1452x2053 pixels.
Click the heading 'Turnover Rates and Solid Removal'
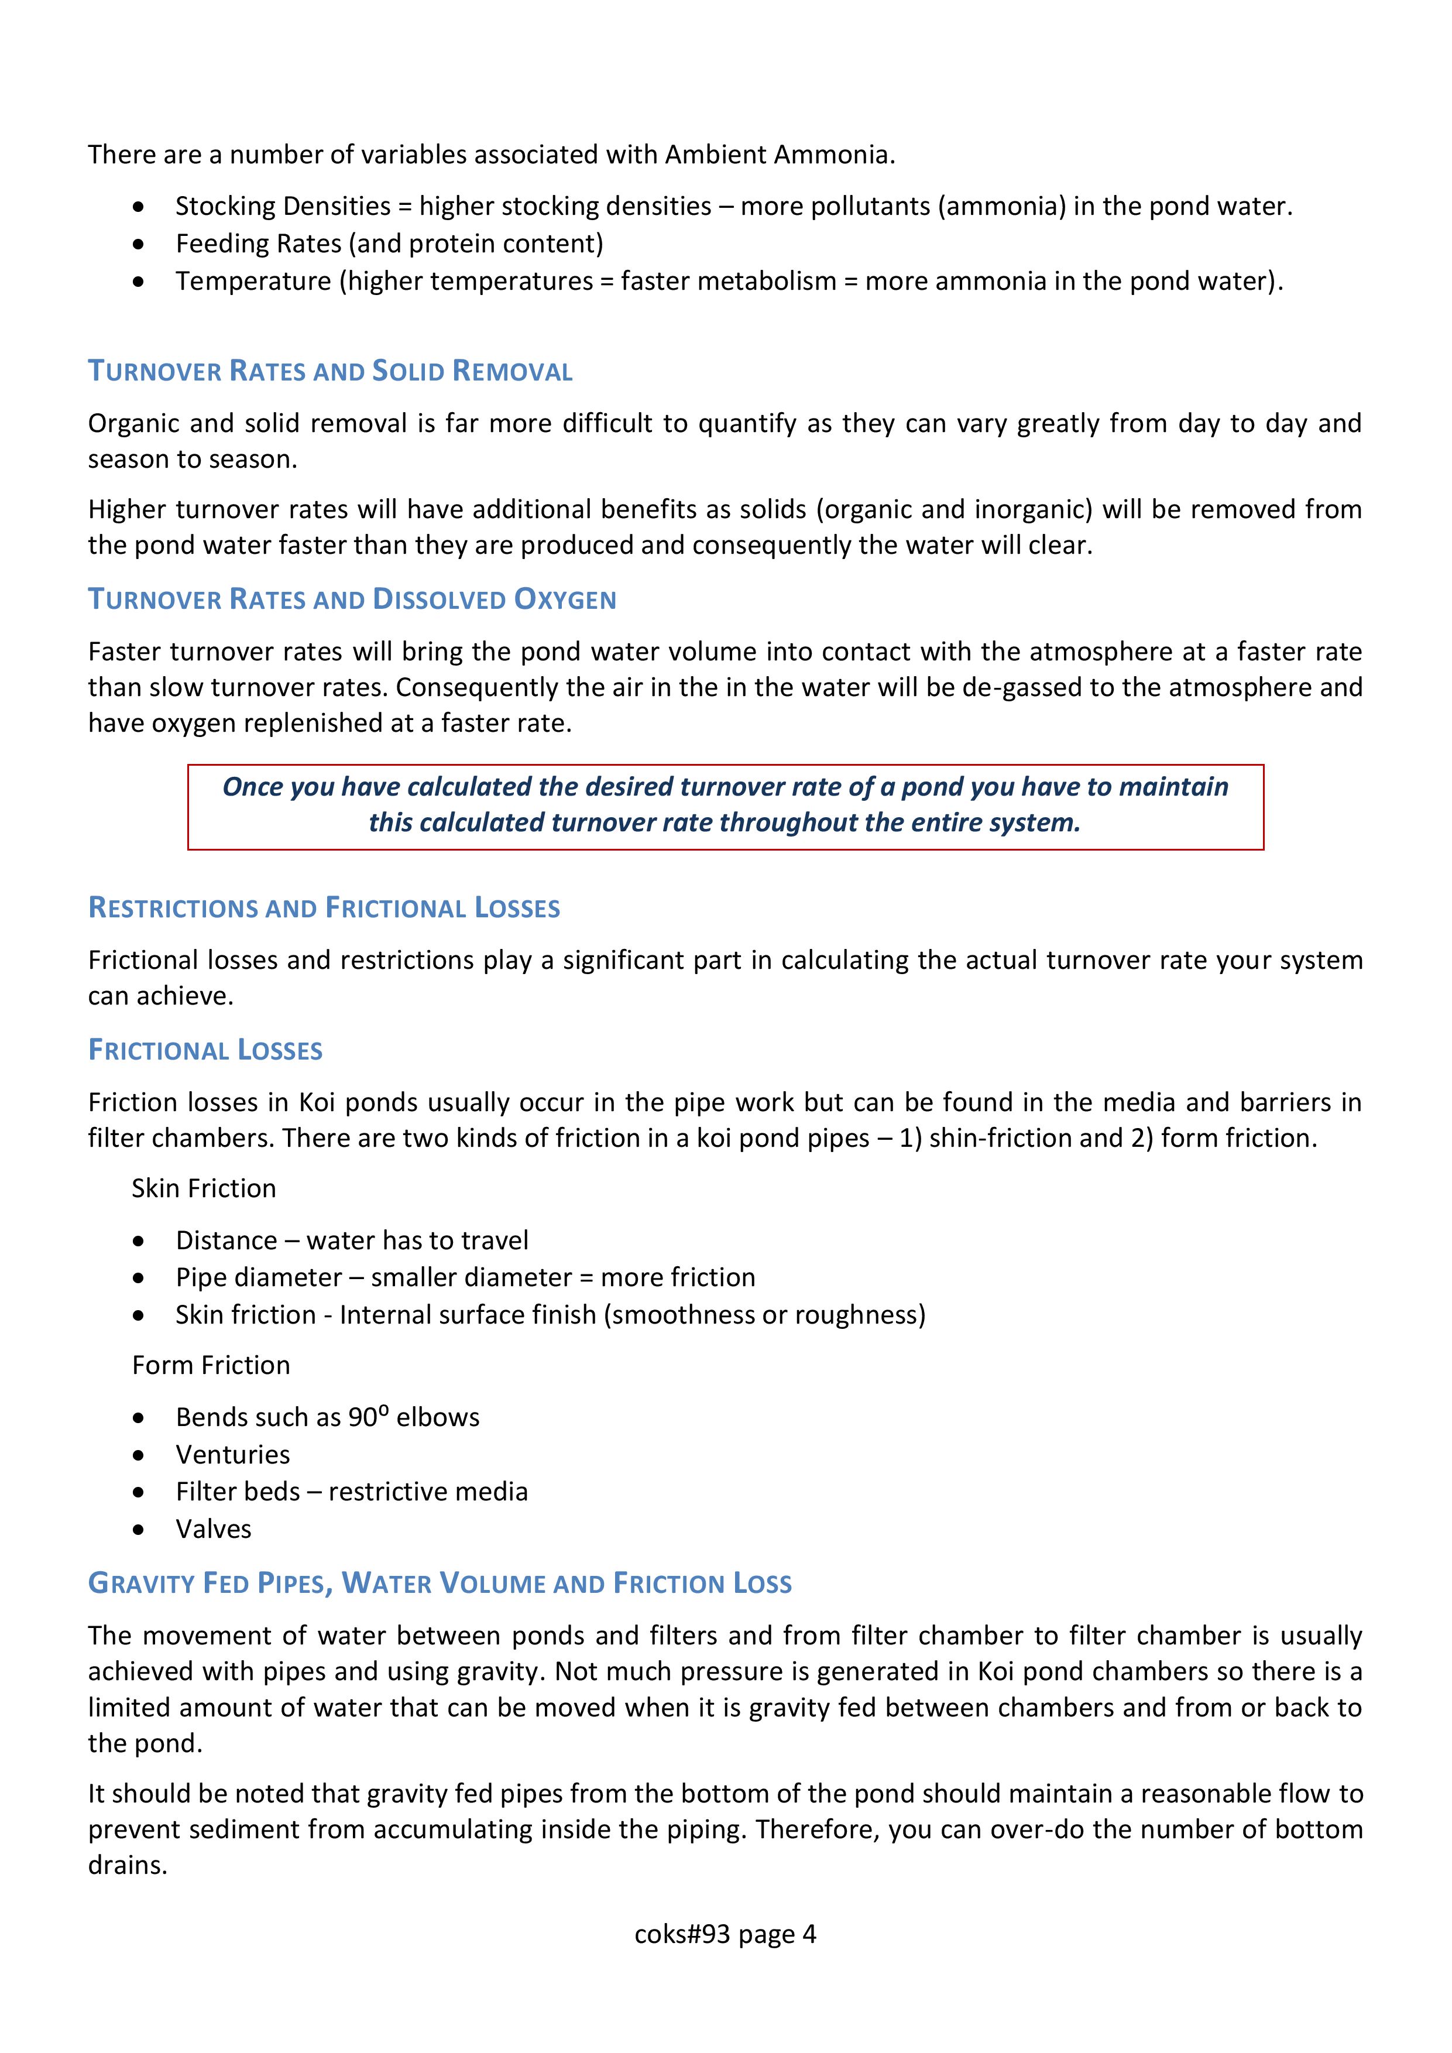330,371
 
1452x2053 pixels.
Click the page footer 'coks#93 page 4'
725,1934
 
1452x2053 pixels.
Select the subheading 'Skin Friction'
204,1188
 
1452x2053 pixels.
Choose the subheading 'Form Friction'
211,1365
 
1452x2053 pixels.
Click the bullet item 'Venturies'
232,1455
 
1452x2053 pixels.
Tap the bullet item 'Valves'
214,1529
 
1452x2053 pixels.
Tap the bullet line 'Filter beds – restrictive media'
351,1492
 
